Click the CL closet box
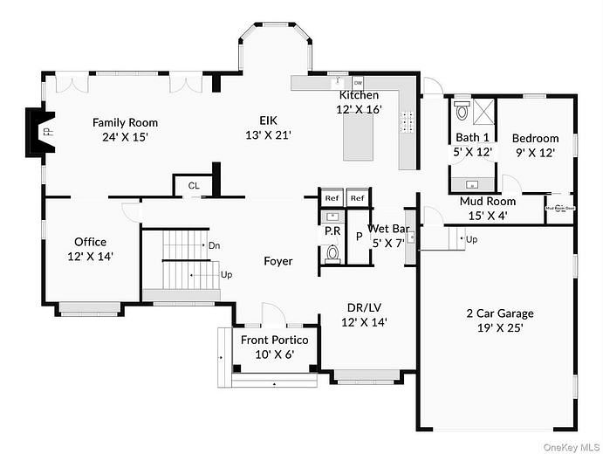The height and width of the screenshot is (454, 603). (x=192, y=185)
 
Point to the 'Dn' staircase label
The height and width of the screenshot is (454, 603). (x=214, y=246)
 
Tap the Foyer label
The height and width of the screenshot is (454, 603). (x=278, y=261)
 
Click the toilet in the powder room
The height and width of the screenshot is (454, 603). (x=332, y=254)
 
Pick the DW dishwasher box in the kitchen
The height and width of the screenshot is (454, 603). (x=333, y=83)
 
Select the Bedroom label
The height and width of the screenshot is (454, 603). (x=535, y=145)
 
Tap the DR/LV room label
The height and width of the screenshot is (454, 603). (x=364, y=314)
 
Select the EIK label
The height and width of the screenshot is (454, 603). (x=267, y=128)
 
